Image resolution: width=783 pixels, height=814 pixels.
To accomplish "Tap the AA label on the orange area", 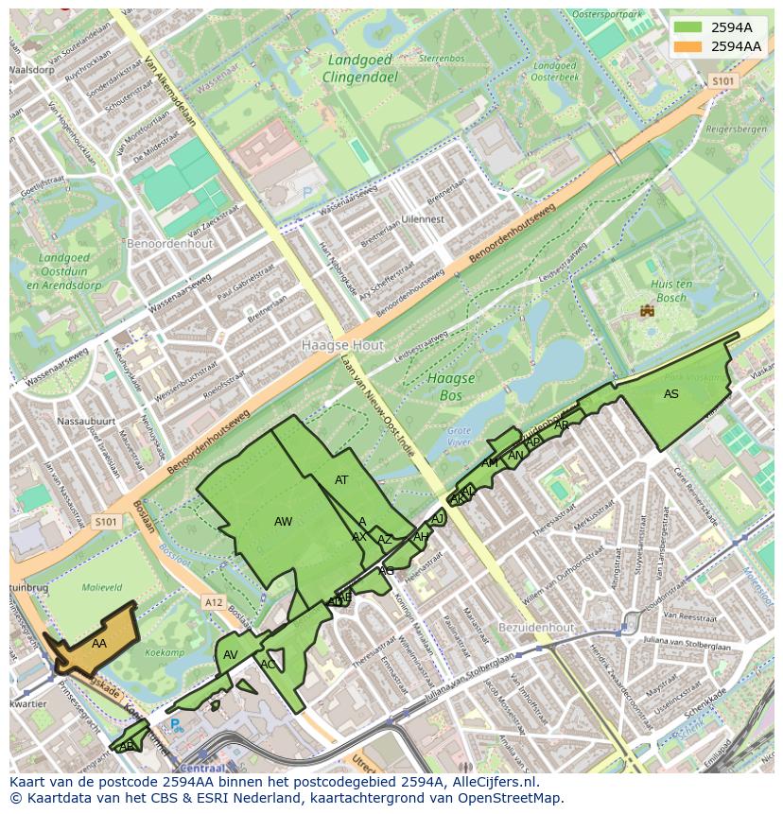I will [99, 643].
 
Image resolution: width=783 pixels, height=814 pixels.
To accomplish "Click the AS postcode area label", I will [671, 394].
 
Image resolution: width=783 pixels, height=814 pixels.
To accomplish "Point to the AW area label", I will [283, 522].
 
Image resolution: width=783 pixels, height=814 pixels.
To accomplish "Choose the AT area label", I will [341, 480].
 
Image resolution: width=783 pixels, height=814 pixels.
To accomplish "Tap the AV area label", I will [231, 655].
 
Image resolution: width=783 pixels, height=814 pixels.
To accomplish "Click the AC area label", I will [268, 665].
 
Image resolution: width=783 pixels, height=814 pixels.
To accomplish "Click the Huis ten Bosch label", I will [670, 291].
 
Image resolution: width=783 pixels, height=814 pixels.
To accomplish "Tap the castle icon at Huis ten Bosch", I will [648, 310].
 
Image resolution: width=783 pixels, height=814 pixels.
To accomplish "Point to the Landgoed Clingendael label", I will [359, 66].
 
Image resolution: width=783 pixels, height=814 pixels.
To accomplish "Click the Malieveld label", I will [102, 587].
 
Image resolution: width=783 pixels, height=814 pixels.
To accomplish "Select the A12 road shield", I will [213, 602].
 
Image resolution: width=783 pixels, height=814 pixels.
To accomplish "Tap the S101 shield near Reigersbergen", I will [722, 81].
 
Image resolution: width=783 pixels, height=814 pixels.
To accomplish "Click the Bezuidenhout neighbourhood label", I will [536, 627].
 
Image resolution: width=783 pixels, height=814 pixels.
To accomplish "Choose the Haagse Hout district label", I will [342, 346].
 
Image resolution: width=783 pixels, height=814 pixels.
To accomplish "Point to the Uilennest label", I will [422, 218].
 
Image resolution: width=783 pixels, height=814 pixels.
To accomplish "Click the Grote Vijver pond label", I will [459, 436].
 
